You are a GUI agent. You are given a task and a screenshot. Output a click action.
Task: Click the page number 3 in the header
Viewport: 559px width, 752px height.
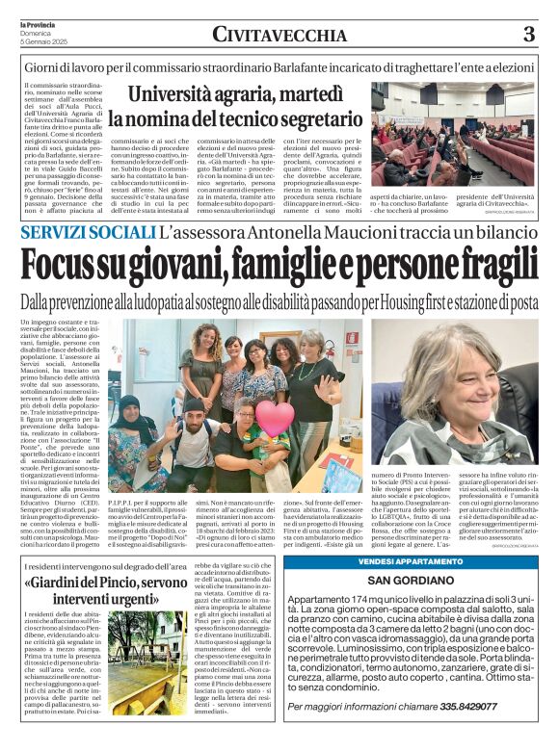[528, 34]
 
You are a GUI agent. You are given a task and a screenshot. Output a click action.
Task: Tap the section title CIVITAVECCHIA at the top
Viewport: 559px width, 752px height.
[279, 35]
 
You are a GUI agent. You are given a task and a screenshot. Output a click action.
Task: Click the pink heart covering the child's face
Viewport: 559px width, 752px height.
[274, 418]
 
